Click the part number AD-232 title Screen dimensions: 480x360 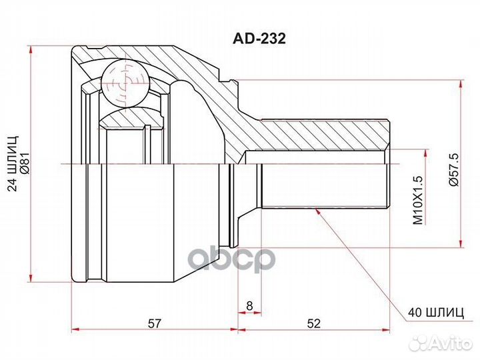[x=259, y=39]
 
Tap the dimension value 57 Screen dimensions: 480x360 [x=154, y=323]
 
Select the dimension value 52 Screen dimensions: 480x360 [x=313, y=323]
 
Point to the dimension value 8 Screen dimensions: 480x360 [x=249, y=305]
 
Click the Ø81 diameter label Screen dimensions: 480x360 [x=25, y=163]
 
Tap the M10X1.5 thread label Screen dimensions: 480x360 [x=418, y=200]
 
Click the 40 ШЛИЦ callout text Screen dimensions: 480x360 [x=435, y=313]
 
